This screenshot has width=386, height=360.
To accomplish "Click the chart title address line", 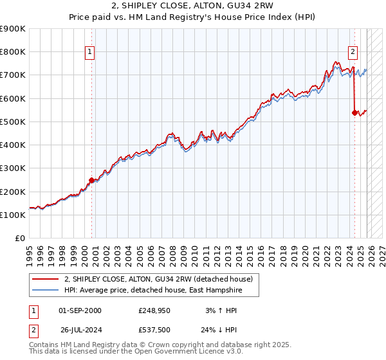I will point(192,5).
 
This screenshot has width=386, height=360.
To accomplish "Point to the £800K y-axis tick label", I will point(13,52).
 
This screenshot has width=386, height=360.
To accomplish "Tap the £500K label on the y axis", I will point(13,122).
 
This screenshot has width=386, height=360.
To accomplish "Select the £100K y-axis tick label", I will point(13,215).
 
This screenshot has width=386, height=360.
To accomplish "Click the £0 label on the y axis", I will point(19,239).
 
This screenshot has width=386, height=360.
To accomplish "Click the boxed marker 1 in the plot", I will point(89,52).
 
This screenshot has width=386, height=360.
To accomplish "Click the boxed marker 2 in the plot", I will point(353,52).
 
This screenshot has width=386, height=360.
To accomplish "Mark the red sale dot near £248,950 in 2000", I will point(91,181).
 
